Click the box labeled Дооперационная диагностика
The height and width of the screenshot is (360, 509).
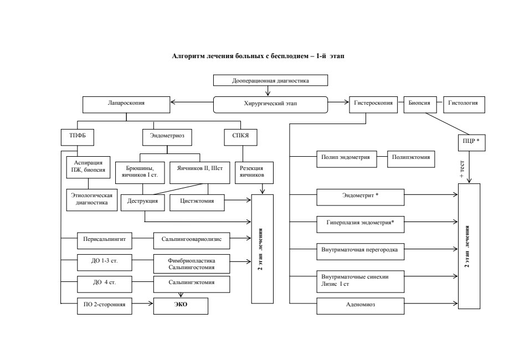pyautogui.click(x=270, y=80)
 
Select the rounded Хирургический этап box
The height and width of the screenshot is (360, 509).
pyautogui.click(x=270, y=105)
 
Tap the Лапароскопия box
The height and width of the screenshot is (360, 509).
pyautogui.click(x=126, y=105)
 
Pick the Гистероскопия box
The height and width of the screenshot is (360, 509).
pyautogui.click(x=373, y=105)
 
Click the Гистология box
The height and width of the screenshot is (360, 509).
pyautogui.click(x=464, y=105)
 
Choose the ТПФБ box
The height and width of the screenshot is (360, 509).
pyautogui.click(x=78, y=137)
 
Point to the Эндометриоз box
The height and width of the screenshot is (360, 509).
pyautogui.click(x=167, y=137)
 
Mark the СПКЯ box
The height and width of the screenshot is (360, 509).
pyautogui.click(x=240, y=137)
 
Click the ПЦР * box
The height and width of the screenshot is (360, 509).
pyautogui.click(x=472, y=142)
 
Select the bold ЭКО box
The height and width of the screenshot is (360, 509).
pyautogui.click(x=181, y=306)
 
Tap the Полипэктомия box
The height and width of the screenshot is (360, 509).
pyautogui.click(x=411, y=159)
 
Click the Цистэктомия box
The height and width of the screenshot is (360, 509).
pyautogui.click(x=197, y=203)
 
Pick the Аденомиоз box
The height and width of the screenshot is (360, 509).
pyautogui.click(x=361, y=306)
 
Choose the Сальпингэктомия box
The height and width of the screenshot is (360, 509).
pyautogui.click(x=192, y=284)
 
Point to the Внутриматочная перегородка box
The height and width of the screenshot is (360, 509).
pyautogui.click(x=361, y=251)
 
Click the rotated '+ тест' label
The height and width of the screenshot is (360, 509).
pyautogui.click(x=462, y=169)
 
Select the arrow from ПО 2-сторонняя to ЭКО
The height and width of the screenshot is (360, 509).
pyautogui.click(x=142, y=304)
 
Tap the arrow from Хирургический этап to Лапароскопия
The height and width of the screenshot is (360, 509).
pyautogui.click(x=192, y=102)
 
